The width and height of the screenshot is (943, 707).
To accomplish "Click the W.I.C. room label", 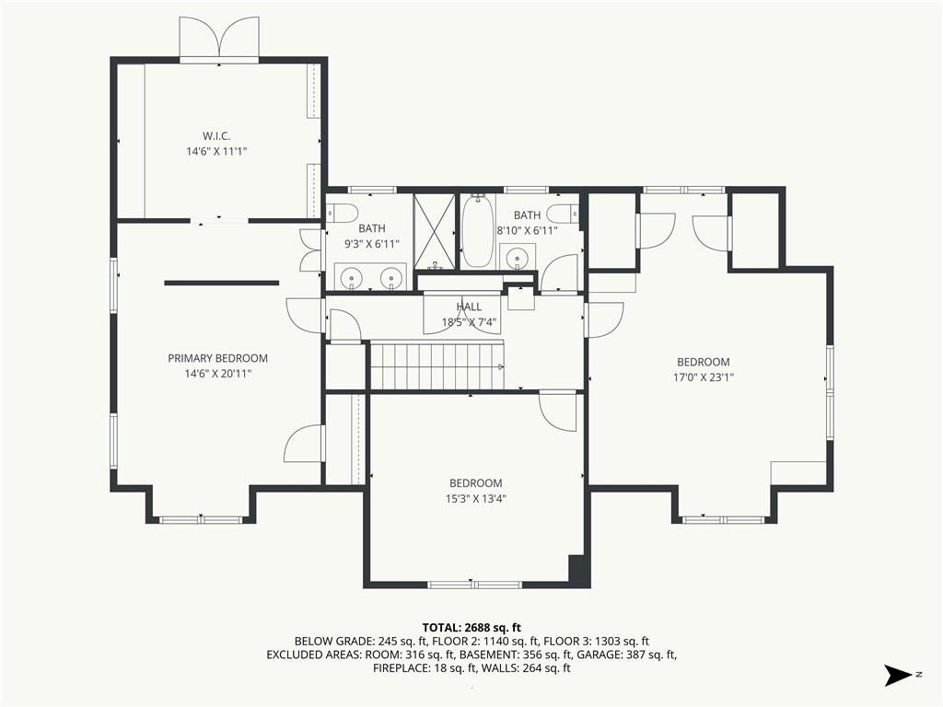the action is (x=215, y=136).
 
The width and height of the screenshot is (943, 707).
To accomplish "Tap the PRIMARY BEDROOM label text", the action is (x=217, y=358).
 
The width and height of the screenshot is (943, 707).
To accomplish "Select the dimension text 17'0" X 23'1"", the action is (x=703, y=377).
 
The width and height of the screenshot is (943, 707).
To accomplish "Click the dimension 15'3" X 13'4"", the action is (x=476, y=498).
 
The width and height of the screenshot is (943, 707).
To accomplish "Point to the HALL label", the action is (x=469, y=307).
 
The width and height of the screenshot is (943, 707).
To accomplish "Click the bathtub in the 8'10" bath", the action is (x=478, y=231).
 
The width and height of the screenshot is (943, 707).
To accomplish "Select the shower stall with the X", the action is (x=435, y=231).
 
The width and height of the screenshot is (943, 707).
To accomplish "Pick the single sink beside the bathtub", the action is (x=518, y=258).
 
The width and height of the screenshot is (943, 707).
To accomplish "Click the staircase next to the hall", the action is (x=437, y=365).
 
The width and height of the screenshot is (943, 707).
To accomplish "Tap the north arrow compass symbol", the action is (x=900, y=675).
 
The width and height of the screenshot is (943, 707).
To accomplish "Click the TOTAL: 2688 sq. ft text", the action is (x=471, y=628).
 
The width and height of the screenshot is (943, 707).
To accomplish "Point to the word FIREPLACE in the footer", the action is (x=402, y=668).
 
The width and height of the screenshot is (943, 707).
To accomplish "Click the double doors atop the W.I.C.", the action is (x=219, y=39).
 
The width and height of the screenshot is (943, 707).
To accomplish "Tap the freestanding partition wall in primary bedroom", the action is (x=222, y=283).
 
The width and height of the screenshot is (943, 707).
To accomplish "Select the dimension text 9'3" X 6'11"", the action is (x=372, y=243).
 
